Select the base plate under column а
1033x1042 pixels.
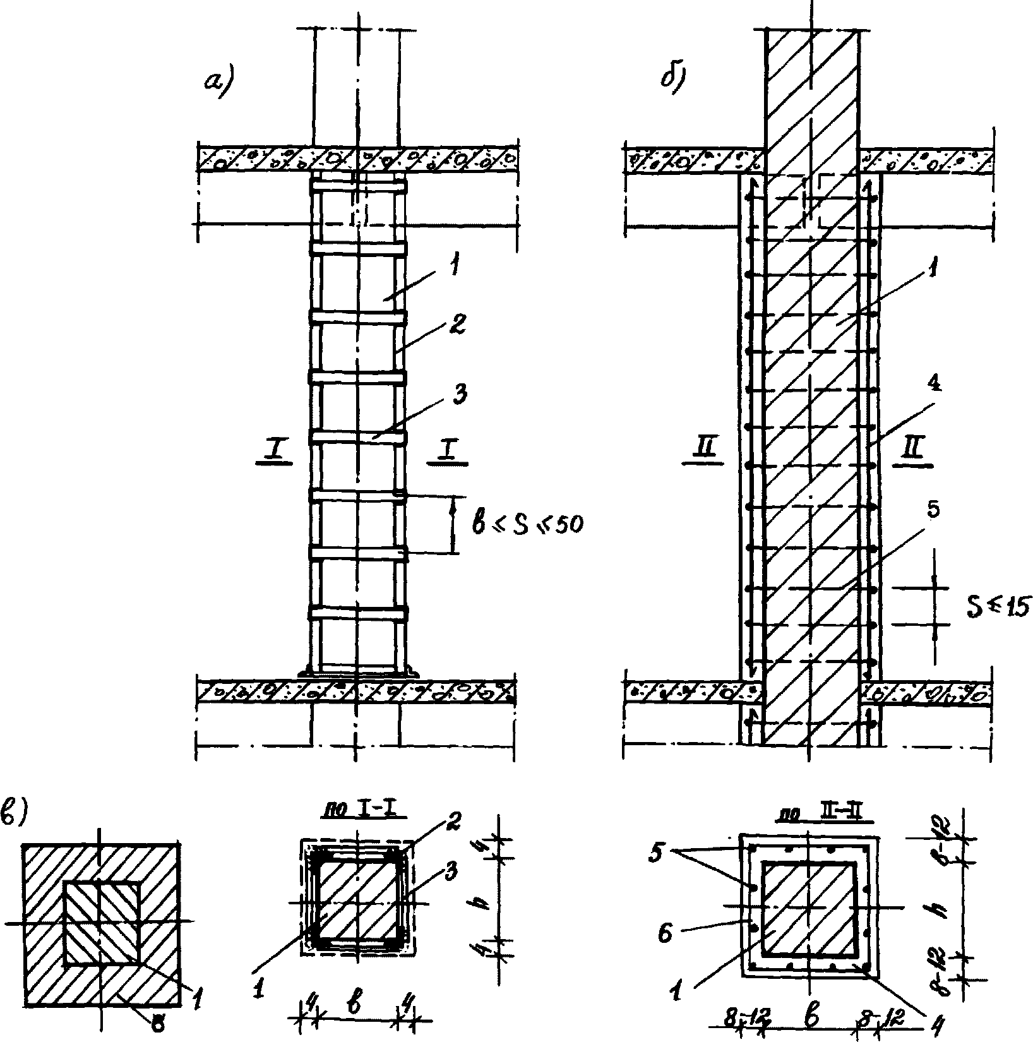(x=358, y=671)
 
